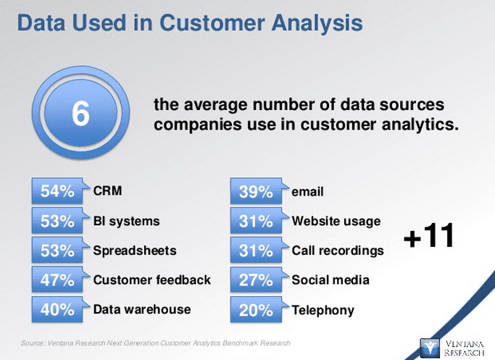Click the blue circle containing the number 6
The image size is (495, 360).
click(x=80, y=114)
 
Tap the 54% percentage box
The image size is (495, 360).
click(x=57, y=191)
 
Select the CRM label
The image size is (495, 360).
click(x=107, y=191)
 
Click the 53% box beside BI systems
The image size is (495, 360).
click(x=57, y=221)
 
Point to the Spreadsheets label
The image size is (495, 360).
click(x=134, y=251)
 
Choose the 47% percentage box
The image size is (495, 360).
click(x=57, y=280)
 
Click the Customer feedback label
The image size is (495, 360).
click(x=151, y=280)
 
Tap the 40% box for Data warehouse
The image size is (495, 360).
click(x=57, y=309)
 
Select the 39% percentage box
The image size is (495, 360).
click(x=256, y=192)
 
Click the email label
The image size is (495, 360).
click(x=307, y=192)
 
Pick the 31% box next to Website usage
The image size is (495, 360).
click(x=256, y=221)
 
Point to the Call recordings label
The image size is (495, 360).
click(x=338, y=251)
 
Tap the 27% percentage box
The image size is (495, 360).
click(x=256, y=280)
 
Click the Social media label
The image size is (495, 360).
click(x=330, y=280)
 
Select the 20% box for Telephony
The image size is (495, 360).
click(x=256, y=310)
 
